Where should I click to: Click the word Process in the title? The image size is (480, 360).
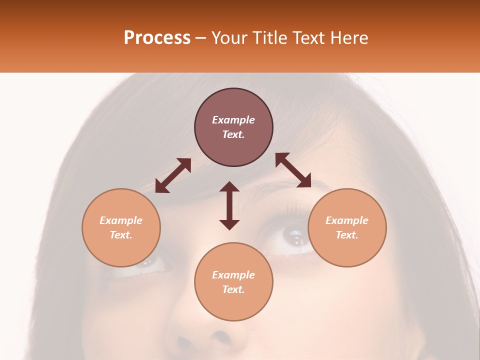(x=157, y=38)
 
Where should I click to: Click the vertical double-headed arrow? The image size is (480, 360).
(x=229, y=206)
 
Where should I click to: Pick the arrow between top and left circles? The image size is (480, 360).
(x=173, y=175)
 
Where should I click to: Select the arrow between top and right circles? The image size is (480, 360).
(x=293, y=170)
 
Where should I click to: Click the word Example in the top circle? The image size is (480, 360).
(x=233, y=120)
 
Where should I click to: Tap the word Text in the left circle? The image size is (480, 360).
(x=121, y=235)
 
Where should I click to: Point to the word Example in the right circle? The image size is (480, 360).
(x=347, y=220)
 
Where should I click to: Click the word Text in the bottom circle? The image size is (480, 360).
(x=233, y=289)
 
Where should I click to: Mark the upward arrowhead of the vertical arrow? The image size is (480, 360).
(x=229, y=187)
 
